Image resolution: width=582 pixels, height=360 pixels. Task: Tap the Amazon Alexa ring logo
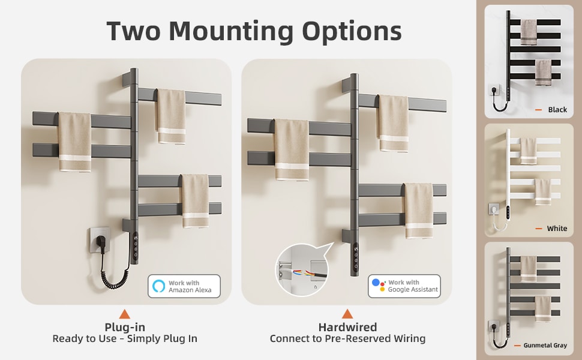point(158,286)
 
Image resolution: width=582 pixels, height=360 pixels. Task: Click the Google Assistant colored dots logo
point(379,286)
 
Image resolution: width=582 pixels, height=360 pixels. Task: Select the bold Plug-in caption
point(125,328)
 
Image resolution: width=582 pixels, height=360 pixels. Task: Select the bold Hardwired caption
point(347,328)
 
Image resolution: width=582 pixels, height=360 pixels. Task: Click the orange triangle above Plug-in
point(125,314)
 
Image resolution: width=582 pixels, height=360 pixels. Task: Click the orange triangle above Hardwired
point(347,314)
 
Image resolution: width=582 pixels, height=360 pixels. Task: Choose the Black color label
point(557,110)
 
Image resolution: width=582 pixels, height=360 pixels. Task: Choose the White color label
point(557,229)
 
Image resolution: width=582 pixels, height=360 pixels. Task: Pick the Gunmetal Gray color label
point(545,346)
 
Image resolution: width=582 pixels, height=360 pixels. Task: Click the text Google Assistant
point(413,290)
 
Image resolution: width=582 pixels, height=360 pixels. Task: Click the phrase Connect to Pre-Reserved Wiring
point(347,339)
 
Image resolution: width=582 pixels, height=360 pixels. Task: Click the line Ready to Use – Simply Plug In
point(125,339)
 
